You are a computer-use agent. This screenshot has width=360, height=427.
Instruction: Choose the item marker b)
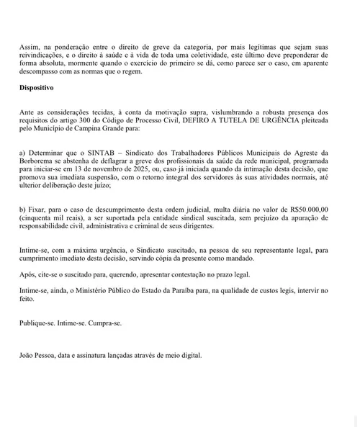[24, 209]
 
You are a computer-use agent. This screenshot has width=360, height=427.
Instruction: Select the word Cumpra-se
[105, 323]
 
